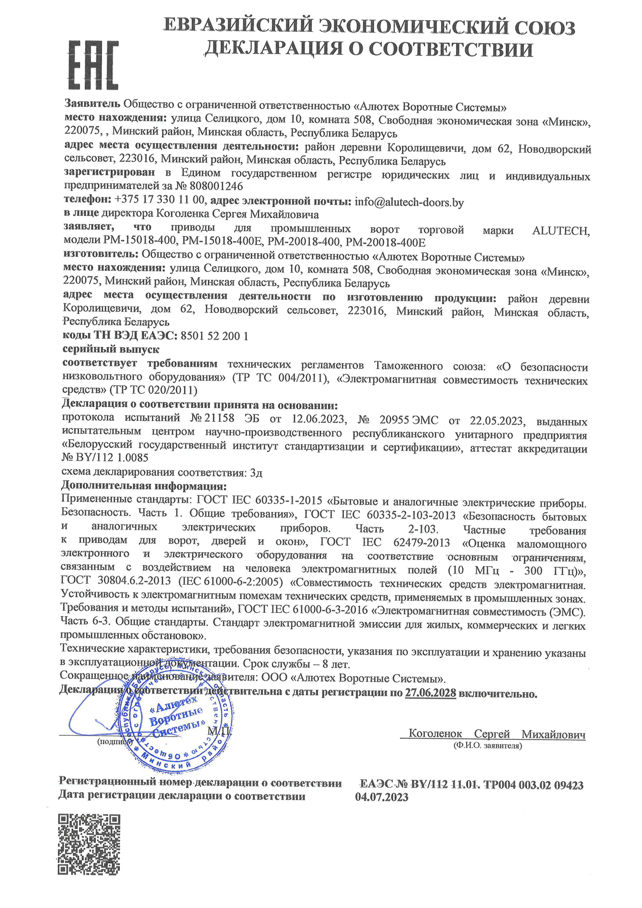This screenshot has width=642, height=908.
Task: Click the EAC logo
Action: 94,65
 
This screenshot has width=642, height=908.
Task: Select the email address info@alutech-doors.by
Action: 409,202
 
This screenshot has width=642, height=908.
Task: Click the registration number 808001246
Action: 216,186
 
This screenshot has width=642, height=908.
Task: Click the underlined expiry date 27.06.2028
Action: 430,693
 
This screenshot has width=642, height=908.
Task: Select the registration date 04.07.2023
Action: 382,797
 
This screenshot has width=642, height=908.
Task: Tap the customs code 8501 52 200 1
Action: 214,336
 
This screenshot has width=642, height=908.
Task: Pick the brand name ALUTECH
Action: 560,231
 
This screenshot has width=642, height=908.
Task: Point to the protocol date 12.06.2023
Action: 318,419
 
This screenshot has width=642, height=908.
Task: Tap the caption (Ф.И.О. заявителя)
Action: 488,746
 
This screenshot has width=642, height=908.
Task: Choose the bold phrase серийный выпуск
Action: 111,349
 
